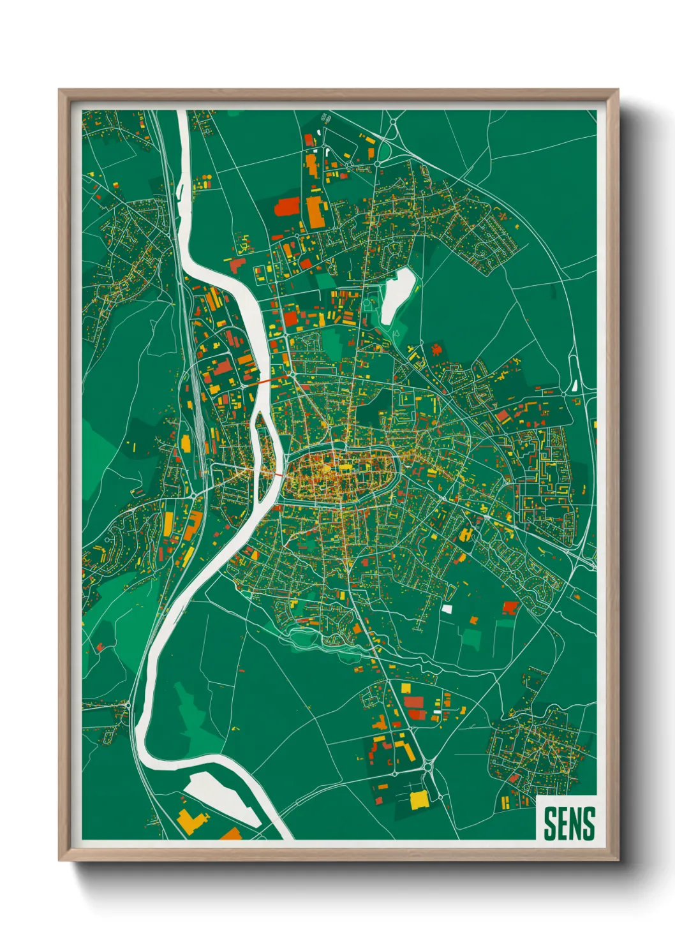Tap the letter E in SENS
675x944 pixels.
click(x=561, y=823)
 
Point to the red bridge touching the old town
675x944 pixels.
click(x=278, y=474)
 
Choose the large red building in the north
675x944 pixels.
click(x=287, y=207)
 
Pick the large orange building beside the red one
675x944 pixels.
click(x=315, y=212)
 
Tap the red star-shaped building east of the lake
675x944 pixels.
click(x=436, y=349)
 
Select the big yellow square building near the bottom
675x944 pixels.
click(x=419, y=799)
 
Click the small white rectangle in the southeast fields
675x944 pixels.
click(x=447, y=608)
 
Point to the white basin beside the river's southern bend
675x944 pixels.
click(x=220, y=795)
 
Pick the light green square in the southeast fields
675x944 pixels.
click(x=471, y=637)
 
